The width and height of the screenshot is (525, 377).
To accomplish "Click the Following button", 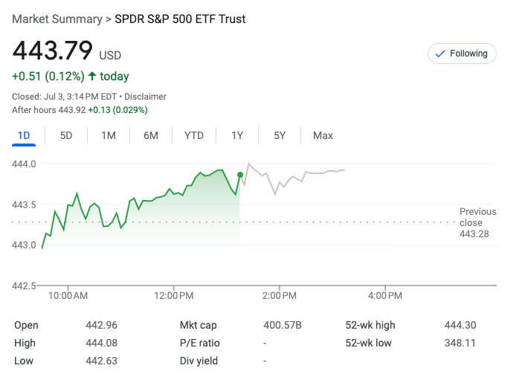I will pos(461,54).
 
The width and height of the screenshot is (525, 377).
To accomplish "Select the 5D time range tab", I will pos(66,135).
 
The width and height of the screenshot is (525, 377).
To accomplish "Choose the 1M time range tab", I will pos(109,135).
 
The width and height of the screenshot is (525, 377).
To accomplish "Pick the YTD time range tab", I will pos(194,135).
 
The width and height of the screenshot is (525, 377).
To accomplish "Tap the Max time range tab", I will pos(323,135).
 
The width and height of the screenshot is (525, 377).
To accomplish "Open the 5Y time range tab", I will pos(280,135).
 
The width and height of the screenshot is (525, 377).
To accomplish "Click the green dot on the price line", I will pos(240,175).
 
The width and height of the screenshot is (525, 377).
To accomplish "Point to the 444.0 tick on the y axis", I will pos(24,164).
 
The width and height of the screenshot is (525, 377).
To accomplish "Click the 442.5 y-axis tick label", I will pos(24,286).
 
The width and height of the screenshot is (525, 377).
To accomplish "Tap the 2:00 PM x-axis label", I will pos(280,296).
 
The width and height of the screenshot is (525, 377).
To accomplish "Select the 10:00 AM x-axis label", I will pos(68,296).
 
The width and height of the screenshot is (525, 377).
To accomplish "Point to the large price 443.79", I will pos(53,51).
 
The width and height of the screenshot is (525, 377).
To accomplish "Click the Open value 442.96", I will pos(102,325).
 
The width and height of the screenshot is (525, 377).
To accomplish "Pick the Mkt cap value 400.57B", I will pos(283,325).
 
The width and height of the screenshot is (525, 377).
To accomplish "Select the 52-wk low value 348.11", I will pos(460,343).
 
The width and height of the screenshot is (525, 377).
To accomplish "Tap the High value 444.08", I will pos(102,343).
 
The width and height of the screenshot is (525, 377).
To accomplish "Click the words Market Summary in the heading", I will pos(57,19).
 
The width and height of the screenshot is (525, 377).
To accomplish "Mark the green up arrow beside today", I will pos(92,76).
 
